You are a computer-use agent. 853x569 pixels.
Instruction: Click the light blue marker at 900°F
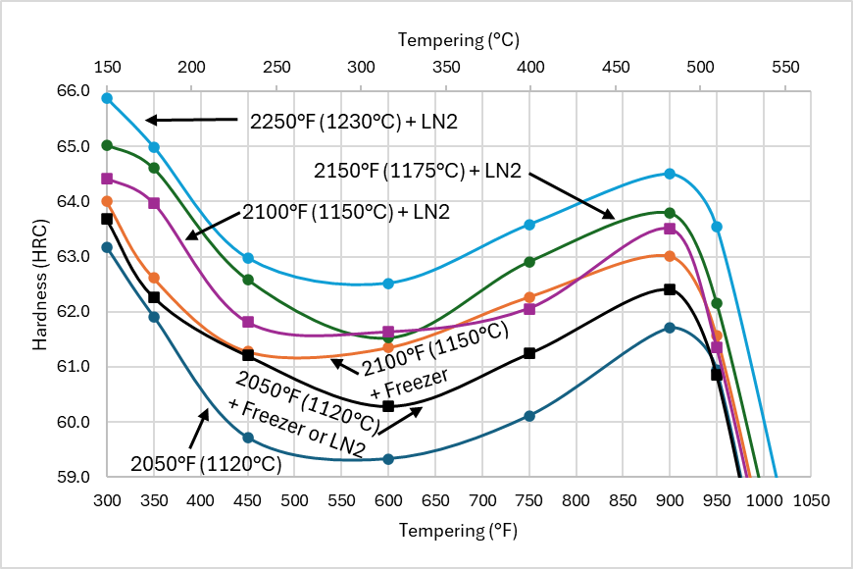(670, 174)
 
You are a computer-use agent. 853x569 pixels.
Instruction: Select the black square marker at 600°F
(388, 406)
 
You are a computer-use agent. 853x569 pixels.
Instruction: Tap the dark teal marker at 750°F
(529, 416)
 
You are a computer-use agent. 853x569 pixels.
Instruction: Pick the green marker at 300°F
(107, 145)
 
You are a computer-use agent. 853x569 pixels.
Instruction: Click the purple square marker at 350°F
(154, 203)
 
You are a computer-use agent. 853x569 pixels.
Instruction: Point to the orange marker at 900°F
(670, 256)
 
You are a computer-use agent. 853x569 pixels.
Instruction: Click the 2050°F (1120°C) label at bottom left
(205, 463)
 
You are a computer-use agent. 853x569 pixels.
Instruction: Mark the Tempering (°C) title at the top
(458, 40)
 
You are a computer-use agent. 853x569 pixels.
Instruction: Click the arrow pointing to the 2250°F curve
(192, 120)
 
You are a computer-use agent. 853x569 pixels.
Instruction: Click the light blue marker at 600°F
(388, 284)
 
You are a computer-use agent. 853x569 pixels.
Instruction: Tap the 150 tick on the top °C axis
(107, 68)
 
